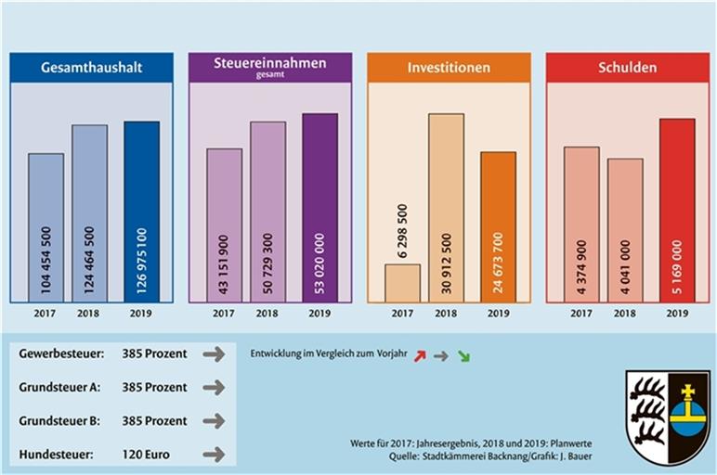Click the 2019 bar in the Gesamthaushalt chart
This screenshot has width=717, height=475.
click(141, 212)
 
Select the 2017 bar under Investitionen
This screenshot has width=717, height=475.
click(402, 283)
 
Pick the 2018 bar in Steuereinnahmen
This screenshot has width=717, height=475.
click(267, 212)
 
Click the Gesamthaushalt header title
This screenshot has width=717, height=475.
click(91, 68)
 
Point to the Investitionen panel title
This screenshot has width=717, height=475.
click(449, 68)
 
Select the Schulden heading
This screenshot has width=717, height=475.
click(628, 68)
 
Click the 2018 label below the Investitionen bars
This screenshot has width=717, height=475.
click(447, 314)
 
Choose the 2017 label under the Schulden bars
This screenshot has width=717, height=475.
click(581, 314)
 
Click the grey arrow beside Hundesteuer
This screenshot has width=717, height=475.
click(214, 454)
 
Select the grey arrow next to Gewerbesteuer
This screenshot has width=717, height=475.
click(214, 353)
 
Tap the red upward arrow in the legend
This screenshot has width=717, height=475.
click(419, 355)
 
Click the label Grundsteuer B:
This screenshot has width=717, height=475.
click(62, 420)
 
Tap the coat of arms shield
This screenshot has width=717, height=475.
click(667, 417)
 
